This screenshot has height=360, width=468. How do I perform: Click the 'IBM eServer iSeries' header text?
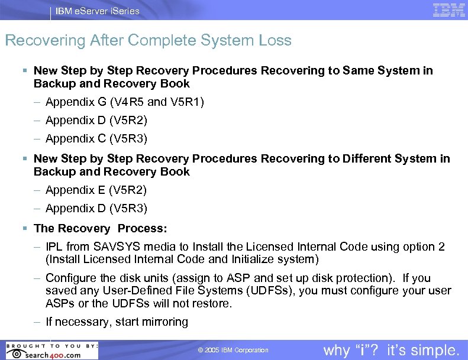pos(98,11)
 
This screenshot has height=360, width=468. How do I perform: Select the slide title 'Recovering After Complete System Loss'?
pos(148,40)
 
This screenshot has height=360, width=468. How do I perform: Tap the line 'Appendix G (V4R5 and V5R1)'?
pos(124,102)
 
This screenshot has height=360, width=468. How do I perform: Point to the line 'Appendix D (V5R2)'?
pos(96,121)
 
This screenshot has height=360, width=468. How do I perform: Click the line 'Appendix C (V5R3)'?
pos(96,139)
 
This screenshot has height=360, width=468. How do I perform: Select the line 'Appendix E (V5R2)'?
pos(96,190)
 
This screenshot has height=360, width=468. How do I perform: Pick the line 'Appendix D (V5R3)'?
pos(96,209)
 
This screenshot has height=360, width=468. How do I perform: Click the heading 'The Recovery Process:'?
pos(101,228)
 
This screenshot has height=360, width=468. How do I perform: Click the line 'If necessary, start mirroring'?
pos(117,322)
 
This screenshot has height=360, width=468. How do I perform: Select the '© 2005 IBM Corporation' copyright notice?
pos(233,351)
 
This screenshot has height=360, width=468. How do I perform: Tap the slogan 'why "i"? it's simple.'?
pos(391,350)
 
